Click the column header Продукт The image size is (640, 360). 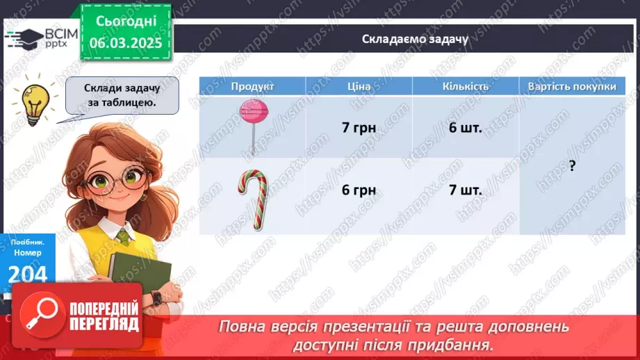(252, 86)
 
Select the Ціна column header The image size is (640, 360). (359, 86)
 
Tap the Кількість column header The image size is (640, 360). (465, 86)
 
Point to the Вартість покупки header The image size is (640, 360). (572, 86)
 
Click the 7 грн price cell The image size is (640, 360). (359, 128)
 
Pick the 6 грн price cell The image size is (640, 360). (359, 189)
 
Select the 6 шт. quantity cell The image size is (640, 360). (465, 128)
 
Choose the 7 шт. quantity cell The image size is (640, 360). (465, 189)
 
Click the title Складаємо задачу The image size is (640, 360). (415, 39)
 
